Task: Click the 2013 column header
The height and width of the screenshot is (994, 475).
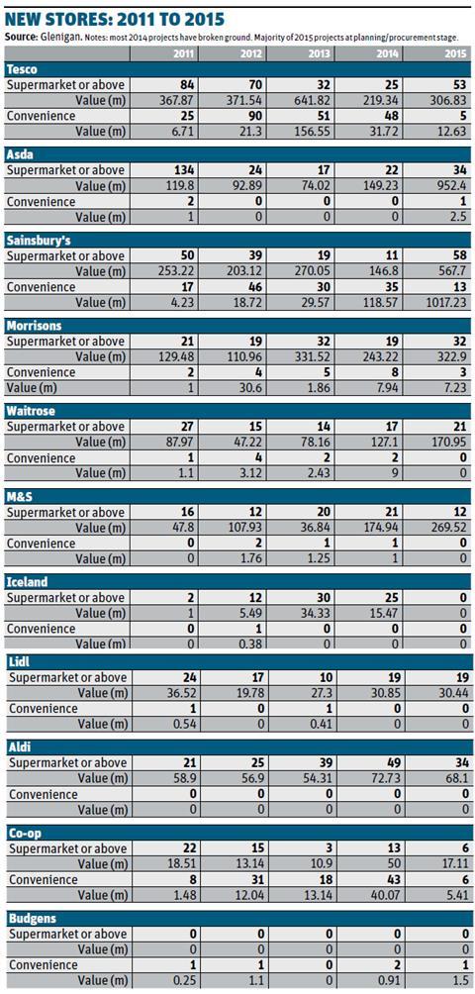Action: click(x=319, y=53)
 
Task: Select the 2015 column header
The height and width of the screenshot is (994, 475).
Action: click(x=455, y=53)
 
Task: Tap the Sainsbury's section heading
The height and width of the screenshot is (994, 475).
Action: click(x=35, y=241)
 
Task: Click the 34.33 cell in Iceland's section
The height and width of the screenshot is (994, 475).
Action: click(x=316, y=613)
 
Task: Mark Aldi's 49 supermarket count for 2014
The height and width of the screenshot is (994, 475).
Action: click(x=392, y=762)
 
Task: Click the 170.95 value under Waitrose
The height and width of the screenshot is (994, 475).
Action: click(x=449, y=442)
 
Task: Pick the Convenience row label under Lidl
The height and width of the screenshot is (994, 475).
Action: click(x=44, y=709)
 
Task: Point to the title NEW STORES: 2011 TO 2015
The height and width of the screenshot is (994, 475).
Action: click(x=115, y=19)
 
